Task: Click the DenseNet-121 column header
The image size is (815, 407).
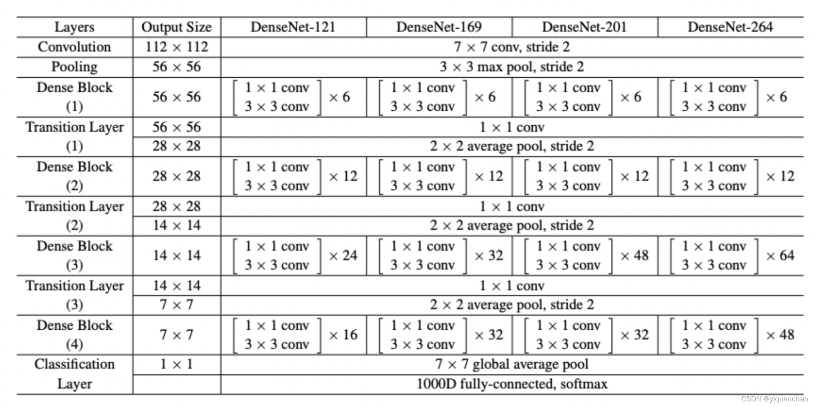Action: [x=293, y=27]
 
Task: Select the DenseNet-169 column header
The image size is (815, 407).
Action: [x=439, y=27]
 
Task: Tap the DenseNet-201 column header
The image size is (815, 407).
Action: [x=584, y=27]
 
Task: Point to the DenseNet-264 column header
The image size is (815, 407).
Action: [x=730, y=27]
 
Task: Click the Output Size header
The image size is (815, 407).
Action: [x=177, y=27]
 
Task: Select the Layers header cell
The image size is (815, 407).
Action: [x=74, y=27]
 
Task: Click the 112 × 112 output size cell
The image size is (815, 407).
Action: [x=177, y=47]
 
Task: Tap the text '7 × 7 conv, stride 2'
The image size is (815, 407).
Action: [x=512, y=47]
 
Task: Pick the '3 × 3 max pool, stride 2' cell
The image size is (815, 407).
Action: [x=512, y=67]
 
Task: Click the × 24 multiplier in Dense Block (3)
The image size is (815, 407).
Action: [x=343, y=256]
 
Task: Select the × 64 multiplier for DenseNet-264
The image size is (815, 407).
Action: [x=780, y=256]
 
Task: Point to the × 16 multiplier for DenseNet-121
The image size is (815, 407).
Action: [x=343, y=335]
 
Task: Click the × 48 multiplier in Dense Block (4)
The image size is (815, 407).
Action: [x=780, y=335]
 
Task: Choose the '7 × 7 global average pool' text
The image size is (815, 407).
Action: [x=512, y=364]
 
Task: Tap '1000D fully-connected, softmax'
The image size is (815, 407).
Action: [x=512, y=384]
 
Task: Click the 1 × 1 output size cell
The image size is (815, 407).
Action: [x=177, y=364]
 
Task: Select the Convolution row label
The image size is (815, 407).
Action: [x=74, y=47]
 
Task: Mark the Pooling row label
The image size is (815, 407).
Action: [x=74, y=67]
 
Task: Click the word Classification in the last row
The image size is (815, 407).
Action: [x=74, y=364]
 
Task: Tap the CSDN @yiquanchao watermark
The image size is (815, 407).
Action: [x=774, y=399]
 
